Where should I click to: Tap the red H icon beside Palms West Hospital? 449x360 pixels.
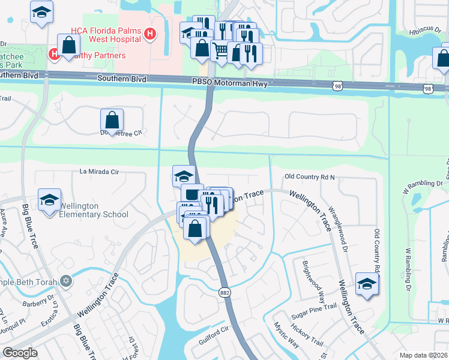tap(151, 35)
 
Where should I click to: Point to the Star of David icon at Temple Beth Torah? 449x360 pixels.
tap(66, 280)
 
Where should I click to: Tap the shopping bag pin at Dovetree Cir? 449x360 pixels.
tap(112, 121)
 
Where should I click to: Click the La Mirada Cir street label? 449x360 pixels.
tap(100, 172)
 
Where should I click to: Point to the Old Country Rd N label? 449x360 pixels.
tap(309, 177)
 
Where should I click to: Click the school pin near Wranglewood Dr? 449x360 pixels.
tap(367, 284)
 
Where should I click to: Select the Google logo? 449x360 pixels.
tap(20, 353)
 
